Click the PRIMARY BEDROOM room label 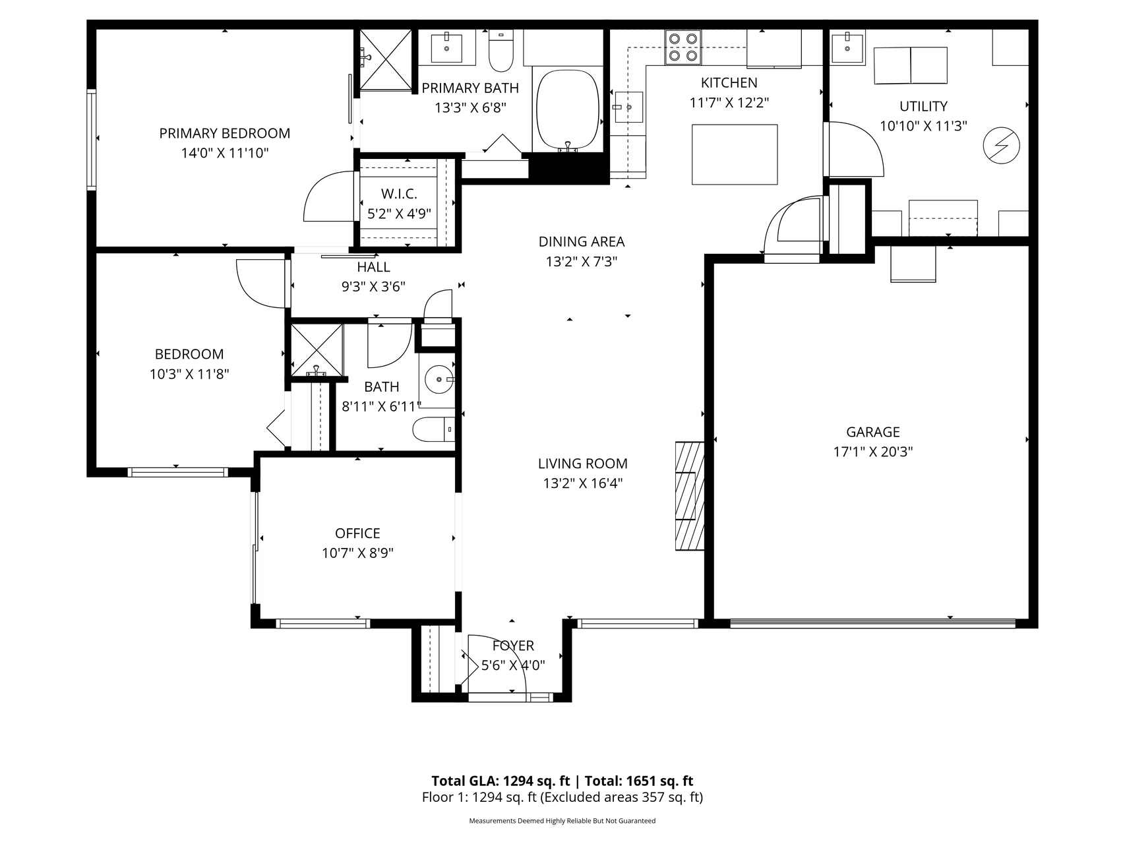[224, 133]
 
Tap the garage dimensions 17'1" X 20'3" [873, 452]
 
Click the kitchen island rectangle [734, 154]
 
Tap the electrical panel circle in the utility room [1001, 145]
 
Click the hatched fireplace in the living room [690, 495]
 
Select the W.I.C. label [399, 194]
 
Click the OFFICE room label [357, 533]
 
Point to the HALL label [373, 267]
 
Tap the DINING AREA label [581, 242]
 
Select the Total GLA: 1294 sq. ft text [501, 781]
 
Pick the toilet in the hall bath [434, 430]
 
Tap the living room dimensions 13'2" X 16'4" [582, 483]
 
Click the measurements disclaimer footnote [562, 821]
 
